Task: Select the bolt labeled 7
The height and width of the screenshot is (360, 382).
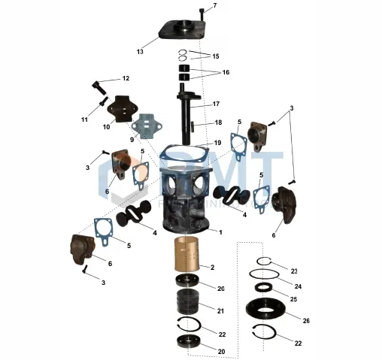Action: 202,13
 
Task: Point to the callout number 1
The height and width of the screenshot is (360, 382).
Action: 220,232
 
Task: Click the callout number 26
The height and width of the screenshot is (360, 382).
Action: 306,320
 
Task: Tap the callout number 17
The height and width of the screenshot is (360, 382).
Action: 216,104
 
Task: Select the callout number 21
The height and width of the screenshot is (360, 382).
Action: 220,310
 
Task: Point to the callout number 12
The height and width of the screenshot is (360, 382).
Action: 126,78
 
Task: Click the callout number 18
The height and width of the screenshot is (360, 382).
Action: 218,123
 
